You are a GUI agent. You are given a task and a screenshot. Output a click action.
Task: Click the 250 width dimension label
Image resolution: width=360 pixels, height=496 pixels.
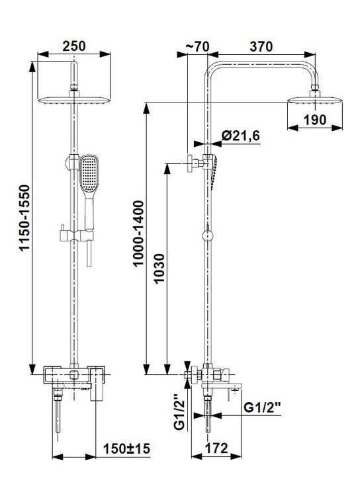(73, 46)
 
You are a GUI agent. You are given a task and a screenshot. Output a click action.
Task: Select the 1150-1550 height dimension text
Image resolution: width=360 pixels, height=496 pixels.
(24, 218)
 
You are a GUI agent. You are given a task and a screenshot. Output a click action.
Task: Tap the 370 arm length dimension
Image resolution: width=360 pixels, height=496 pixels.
(261, 46)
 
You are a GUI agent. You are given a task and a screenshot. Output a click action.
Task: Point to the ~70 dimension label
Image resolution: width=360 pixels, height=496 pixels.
(197, 46)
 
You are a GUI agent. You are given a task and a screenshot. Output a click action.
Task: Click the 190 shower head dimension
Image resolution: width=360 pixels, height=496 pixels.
(315, 120)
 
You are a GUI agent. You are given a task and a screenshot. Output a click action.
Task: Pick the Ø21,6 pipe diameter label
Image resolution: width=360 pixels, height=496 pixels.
(241, 136)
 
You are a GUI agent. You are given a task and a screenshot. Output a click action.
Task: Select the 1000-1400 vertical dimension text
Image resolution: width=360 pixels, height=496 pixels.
(138, 233)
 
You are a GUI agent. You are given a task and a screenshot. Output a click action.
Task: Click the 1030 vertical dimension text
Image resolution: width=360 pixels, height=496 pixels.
(159, 269)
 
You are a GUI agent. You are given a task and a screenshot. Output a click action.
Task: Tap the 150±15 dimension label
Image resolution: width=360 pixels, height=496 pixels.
(126, 448)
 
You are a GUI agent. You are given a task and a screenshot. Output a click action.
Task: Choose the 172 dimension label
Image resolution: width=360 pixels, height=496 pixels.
(216, 448)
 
